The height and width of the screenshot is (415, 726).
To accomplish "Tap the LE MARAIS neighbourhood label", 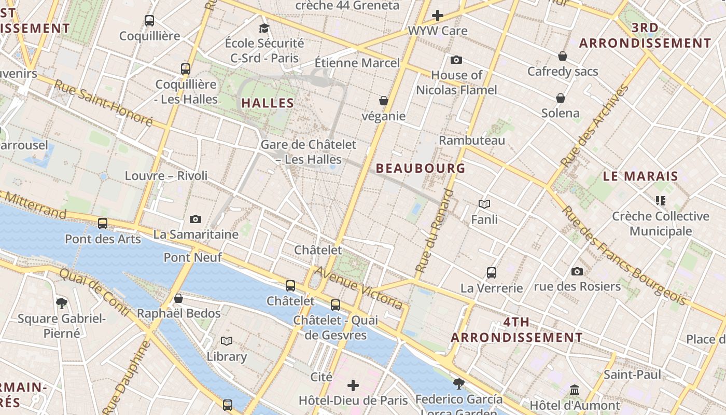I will coord(640,176).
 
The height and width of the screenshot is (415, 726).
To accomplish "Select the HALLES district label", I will coord(268,103).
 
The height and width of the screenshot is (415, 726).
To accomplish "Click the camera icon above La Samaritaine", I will coord(196,219).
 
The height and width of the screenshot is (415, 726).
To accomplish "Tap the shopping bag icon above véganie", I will coord(384,100).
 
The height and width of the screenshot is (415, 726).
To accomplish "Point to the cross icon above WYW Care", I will coord(438,16).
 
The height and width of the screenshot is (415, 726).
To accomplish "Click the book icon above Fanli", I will coord(484,204).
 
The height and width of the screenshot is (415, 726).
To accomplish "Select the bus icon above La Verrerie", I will coord(492,272).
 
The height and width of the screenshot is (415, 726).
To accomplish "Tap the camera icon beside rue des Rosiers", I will coord(577,271).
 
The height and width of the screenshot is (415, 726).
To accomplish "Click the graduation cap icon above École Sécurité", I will coord(264,27).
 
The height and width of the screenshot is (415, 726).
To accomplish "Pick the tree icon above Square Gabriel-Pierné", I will coord(62,302).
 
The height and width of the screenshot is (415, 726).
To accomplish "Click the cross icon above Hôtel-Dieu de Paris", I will coord(353,385).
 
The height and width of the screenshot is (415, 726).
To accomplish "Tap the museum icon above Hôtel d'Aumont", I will coord(575,390).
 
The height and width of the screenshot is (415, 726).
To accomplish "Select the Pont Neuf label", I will coord(193,257).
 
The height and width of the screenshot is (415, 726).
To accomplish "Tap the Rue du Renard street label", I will coord(434,231).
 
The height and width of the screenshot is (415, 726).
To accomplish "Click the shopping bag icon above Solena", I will coord(561,98).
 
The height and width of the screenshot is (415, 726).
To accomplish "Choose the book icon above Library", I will coord(227,341).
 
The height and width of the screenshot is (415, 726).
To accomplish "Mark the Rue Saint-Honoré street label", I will coord(103,103).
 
